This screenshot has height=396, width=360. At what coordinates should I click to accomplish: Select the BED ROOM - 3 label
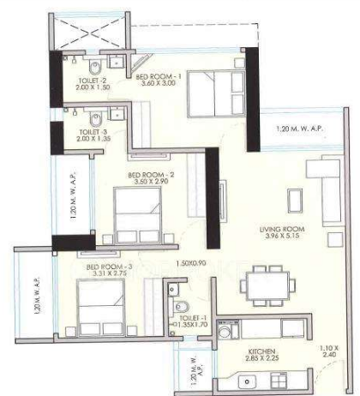pos(108,267)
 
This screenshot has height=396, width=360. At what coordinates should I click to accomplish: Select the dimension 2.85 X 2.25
pos(261,360)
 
